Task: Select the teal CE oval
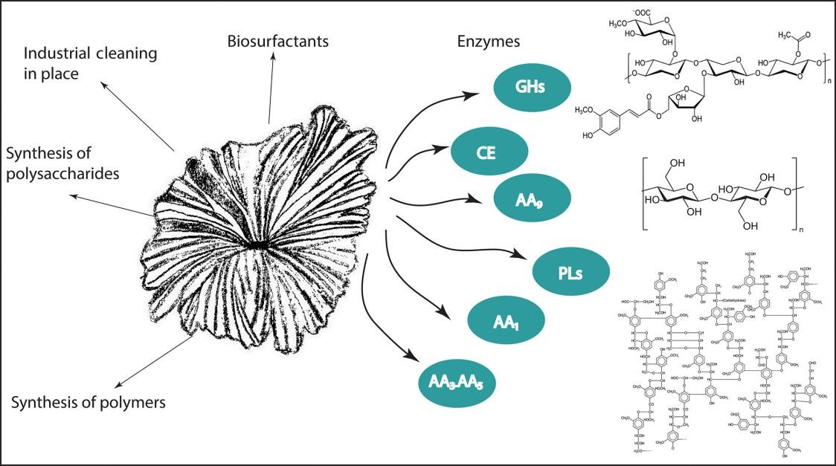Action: pyautogui.click(x=489, y=154)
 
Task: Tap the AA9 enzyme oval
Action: pyautogui.click(x=530, y=199)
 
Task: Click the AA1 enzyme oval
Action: pyautogui.click(x=506, y=320)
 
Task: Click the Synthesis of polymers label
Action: pyautogui.click(x=89, y=403)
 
